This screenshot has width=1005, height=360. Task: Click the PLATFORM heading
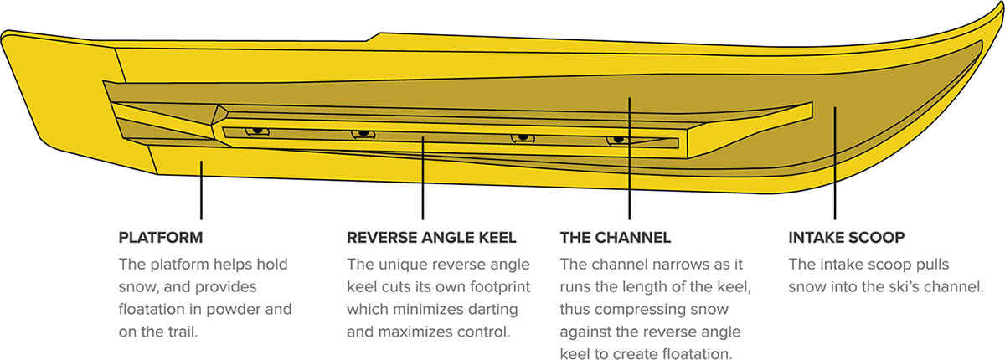coord(161,237)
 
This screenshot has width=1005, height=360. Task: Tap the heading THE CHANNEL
coord(616,237)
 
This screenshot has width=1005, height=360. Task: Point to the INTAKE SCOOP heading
coord(846,237)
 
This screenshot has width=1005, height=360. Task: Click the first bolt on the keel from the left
coord(257,131)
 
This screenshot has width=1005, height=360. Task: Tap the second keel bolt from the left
coord(363,134)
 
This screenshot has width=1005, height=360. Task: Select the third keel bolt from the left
coord(523,137)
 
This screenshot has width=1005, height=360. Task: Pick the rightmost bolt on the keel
coord(618,139)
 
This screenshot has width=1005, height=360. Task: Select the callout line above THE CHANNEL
coord(629,159)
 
